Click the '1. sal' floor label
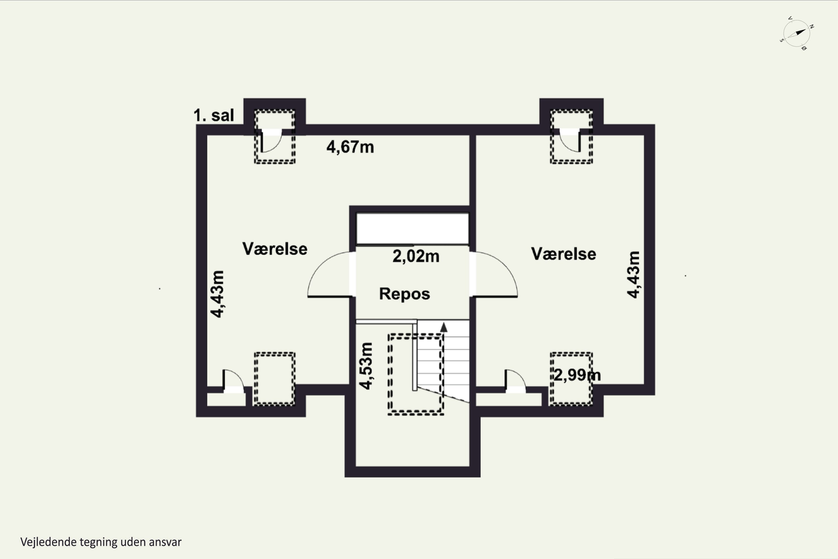213,115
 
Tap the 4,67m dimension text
350,147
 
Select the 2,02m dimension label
416,256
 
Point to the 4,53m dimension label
366,366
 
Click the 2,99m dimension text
577,375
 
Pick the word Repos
404,294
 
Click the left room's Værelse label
275,249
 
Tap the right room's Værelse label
563,254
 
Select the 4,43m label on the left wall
217,294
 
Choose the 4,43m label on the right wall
633,274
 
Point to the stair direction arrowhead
444,327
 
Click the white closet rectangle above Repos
413,229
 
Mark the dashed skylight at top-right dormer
571,137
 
